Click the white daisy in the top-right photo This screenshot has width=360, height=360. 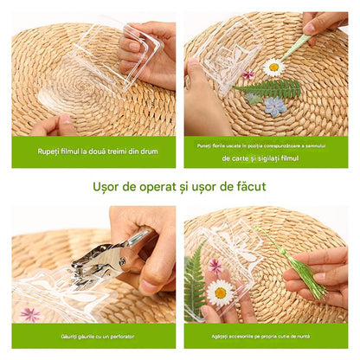pyautogui.click(x=274, y=67)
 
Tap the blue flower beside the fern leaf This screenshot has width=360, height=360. pyautogui.click(x=276, y=106)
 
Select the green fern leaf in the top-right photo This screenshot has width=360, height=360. pyautogui.click(x=273, y=87)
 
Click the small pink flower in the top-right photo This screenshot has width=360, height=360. pyautogui.click(x=249, y=75)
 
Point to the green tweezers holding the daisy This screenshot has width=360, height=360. pyautogui.click(x=298, y=46)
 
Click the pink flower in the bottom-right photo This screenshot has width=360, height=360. pyautogui.click(x=215, y=267)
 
